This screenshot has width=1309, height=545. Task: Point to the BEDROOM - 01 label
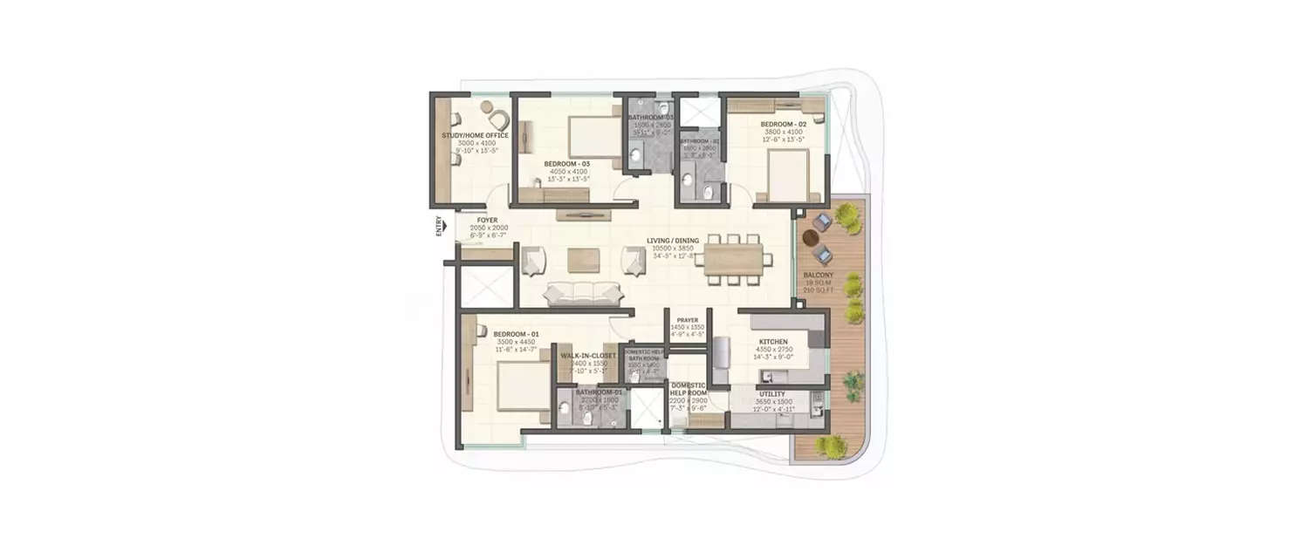click(513, 334)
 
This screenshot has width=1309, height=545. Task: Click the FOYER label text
click(487, 220)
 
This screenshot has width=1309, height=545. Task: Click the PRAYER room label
click(688, 319)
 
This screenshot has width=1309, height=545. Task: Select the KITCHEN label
click(773, 342)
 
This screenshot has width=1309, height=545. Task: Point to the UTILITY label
click(772, 394)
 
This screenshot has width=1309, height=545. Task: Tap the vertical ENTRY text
click(439, 226)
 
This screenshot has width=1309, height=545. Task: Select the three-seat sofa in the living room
click(577, 294)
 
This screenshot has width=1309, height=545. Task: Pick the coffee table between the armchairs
click(584, 260)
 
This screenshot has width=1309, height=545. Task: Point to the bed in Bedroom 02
click(789, 174)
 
